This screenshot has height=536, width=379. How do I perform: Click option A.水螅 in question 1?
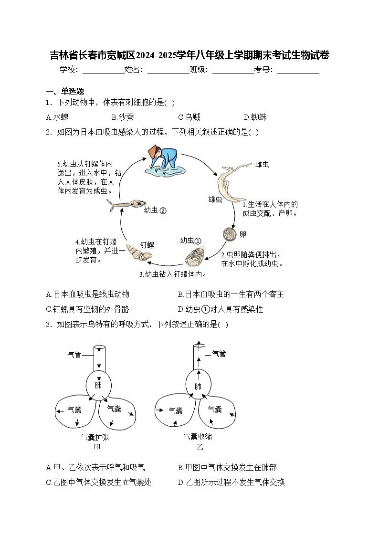[57, 117]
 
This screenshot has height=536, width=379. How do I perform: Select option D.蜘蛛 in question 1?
[255, 117]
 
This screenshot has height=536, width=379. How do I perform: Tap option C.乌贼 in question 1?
[189, 117]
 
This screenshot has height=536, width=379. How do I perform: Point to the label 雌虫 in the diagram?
[262, 165]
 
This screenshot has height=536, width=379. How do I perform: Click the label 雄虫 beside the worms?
[215, 199]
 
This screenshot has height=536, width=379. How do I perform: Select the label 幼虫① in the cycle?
[191, 240]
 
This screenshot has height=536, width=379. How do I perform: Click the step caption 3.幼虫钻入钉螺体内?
[173, 274]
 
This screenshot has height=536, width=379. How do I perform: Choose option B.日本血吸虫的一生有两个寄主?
[231, 294]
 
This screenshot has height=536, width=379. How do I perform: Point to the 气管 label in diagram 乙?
[219, 354]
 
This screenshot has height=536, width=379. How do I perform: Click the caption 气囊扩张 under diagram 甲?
[95, 437]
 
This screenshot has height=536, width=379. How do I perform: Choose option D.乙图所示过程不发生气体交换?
[231, 482]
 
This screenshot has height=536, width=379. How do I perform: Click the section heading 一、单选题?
[65, 91]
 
